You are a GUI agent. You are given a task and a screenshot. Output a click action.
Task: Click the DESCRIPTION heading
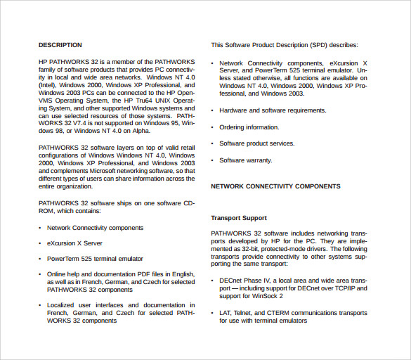tap(60, 45)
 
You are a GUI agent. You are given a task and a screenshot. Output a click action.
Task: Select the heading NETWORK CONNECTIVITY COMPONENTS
tap(275, 186)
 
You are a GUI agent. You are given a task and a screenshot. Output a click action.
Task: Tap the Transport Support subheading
tap(239, 218)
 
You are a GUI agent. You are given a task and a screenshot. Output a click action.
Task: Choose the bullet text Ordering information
tap(249, 127)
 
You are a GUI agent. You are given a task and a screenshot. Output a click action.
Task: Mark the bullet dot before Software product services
tap(212, 144)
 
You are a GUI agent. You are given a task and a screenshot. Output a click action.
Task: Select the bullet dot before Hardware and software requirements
tap(212, 111)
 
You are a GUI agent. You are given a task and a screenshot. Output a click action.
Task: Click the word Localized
tap(62, 305)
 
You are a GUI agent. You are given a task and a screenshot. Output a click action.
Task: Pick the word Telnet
tap(245, 313)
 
